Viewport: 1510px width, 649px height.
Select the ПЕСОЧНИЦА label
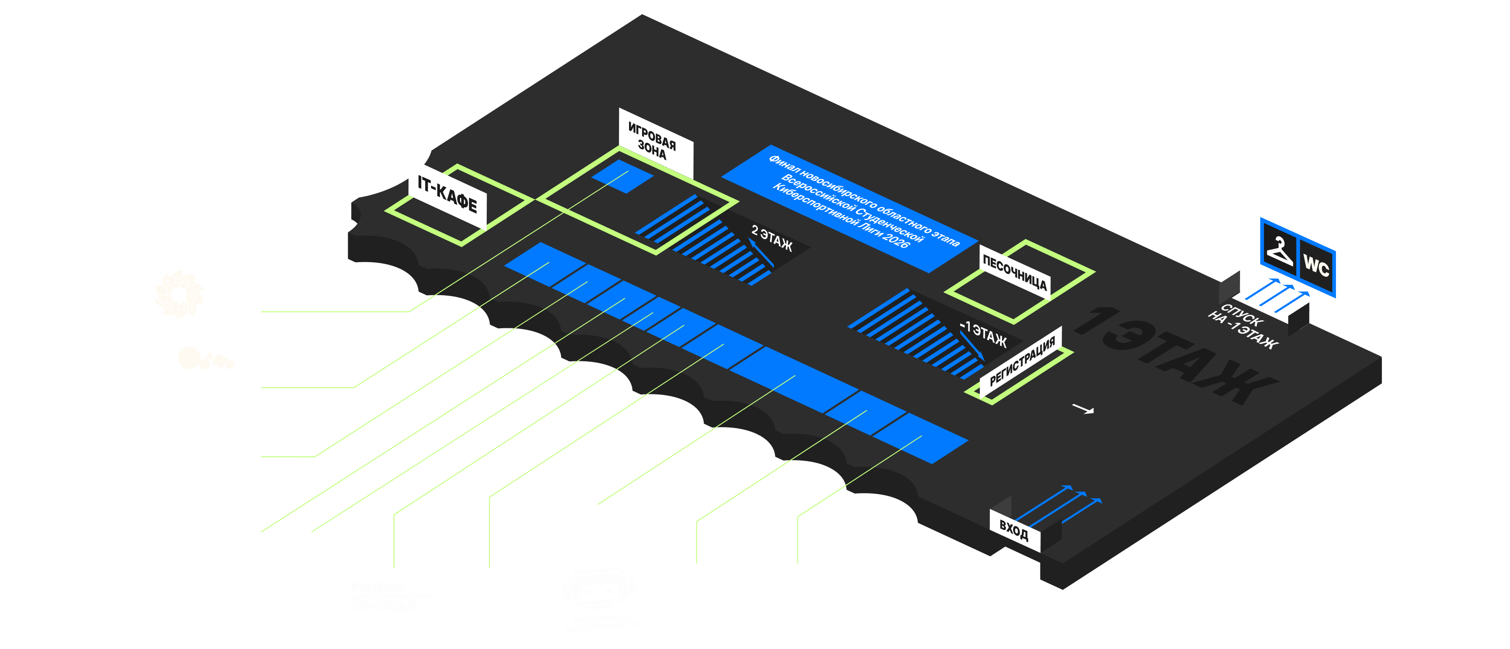[x=1014, y=273]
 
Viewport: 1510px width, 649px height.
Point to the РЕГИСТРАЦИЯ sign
[x=1023, y=362]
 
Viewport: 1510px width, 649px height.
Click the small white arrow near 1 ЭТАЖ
[x=1083, y=409]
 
